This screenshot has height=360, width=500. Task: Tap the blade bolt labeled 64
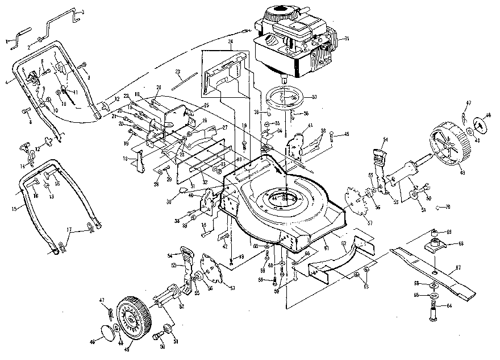click(x=434, y=313)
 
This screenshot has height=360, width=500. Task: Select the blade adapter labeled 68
click(x=435, y=245)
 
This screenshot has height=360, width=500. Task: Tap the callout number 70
click(x=448, y=207)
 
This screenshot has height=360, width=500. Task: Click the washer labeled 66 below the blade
click(x=434, y=284)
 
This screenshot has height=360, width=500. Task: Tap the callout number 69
click(x=448, y=232)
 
